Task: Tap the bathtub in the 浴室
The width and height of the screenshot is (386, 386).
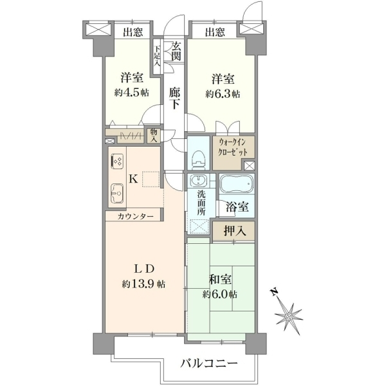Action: pyautogui.click(x=237, y=183)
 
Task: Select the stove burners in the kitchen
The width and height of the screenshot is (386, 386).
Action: pyautogui.click(x=117, y=161)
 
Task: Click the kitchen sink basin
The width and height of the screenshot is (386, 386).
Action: pyautogui.click(x=117, y=193)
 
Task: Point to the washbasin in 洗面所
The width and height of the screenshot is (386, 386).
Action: pyautogui.click(x=198, y=180)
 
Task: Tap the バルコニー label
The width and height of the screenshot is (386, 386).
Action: pyautogui.click(x=209, y=363)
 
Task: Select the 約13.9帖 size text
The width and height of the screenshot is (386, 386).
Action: pyautogui.click(x=143, y=284)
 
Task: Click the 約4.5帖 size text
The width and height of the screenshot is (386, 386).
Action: pyautogui.click(x=131, y=93)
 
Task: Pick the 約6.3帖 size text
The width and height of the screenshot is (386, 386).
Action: pyautogui.click(x=223, y=94)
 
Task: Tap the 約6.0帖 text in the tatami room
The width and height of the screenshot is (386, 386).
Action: pyautogui.click(x=220, y=294)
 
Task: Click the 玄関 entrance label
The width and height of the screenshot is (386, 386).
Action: pyautogui.click(x=176, y=51)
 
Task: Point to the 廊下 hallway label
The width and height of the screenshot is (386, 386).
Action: pyautogui.click(x=175, y=98)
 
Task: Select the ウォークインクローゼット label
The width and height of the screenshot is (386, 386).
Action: pyautogui.click(x=233, y=148)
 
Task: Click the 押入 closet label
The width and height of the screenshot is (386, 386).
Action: pyautogui.click(x=235, y=231)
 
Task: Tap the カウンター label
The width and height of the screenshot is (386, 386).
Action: pyautogui.click(x=136, y=217)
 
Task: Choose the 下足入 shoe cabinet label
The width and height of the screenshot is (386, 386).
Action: pyautogui.click(x=158, y=56)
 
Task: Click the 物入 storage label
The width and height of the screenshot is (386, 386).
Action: pyautogui.click(x=154, y=135)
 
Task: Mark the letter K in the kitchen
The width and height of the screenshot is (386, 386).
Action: pyautogui.click(x=133, y=179)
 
